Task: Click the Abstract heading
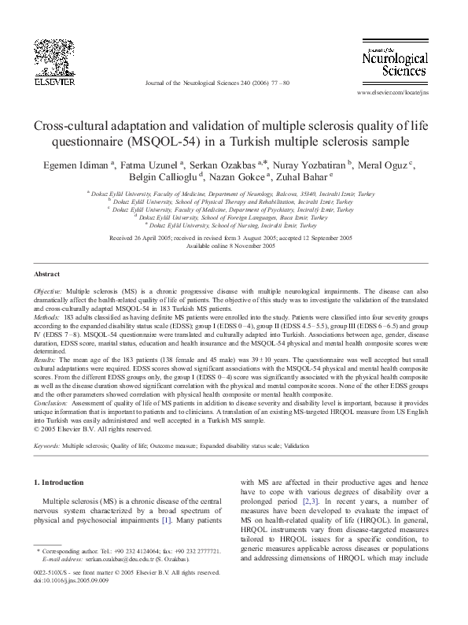tap(47, 274)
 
